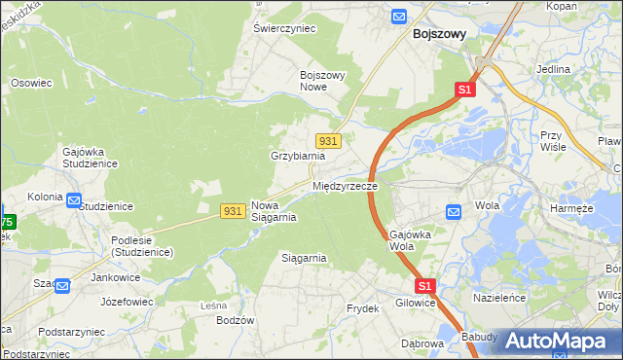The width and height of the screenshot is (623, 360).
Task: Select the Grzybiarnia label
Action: (x=296, y=156)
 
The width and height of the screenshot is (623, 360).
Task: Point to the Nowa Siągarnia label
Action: (x=274, y=211)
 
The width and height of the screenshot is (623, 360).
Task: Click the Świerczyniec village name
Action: (x=285, y=29)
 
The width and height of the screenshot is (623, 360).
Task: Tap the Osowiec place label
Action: (x=30, y=83)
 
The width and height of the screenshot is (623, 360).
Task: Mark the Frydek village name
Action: (x=362, y=308)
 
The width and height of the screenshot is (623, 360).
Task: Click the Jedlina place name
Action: (x=553, y=70)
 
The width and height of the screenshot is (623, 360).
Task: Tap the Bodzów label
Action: (x=235, y=320)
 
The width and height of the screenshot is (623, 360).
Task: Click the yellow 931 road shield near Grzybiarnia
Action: (x=328, y=141)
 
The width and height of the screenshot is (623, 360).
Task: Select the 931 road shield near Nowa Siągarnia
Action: (x=232, y=210)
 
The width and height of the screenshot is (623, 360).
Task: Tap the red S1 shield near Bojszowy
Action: (x=464, y=90)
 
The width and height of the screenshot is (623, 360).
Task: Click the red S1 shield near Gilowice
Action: (x=424, y=286)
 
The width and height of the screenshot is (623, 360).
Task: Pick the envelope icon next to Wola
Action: (x=454, y=211)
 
